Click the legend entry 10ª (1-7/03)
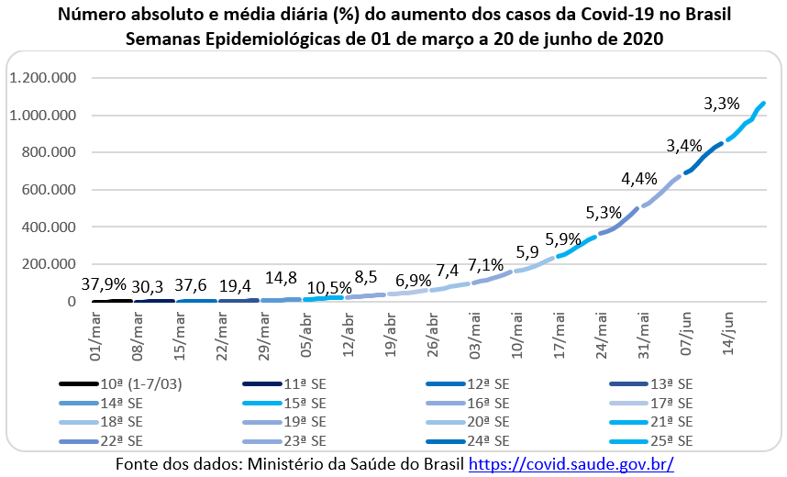click(x=136, y=383)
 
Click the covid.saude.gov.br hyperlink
click(x=571, y=464)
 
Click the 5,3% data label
click(x=603, y=213)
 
